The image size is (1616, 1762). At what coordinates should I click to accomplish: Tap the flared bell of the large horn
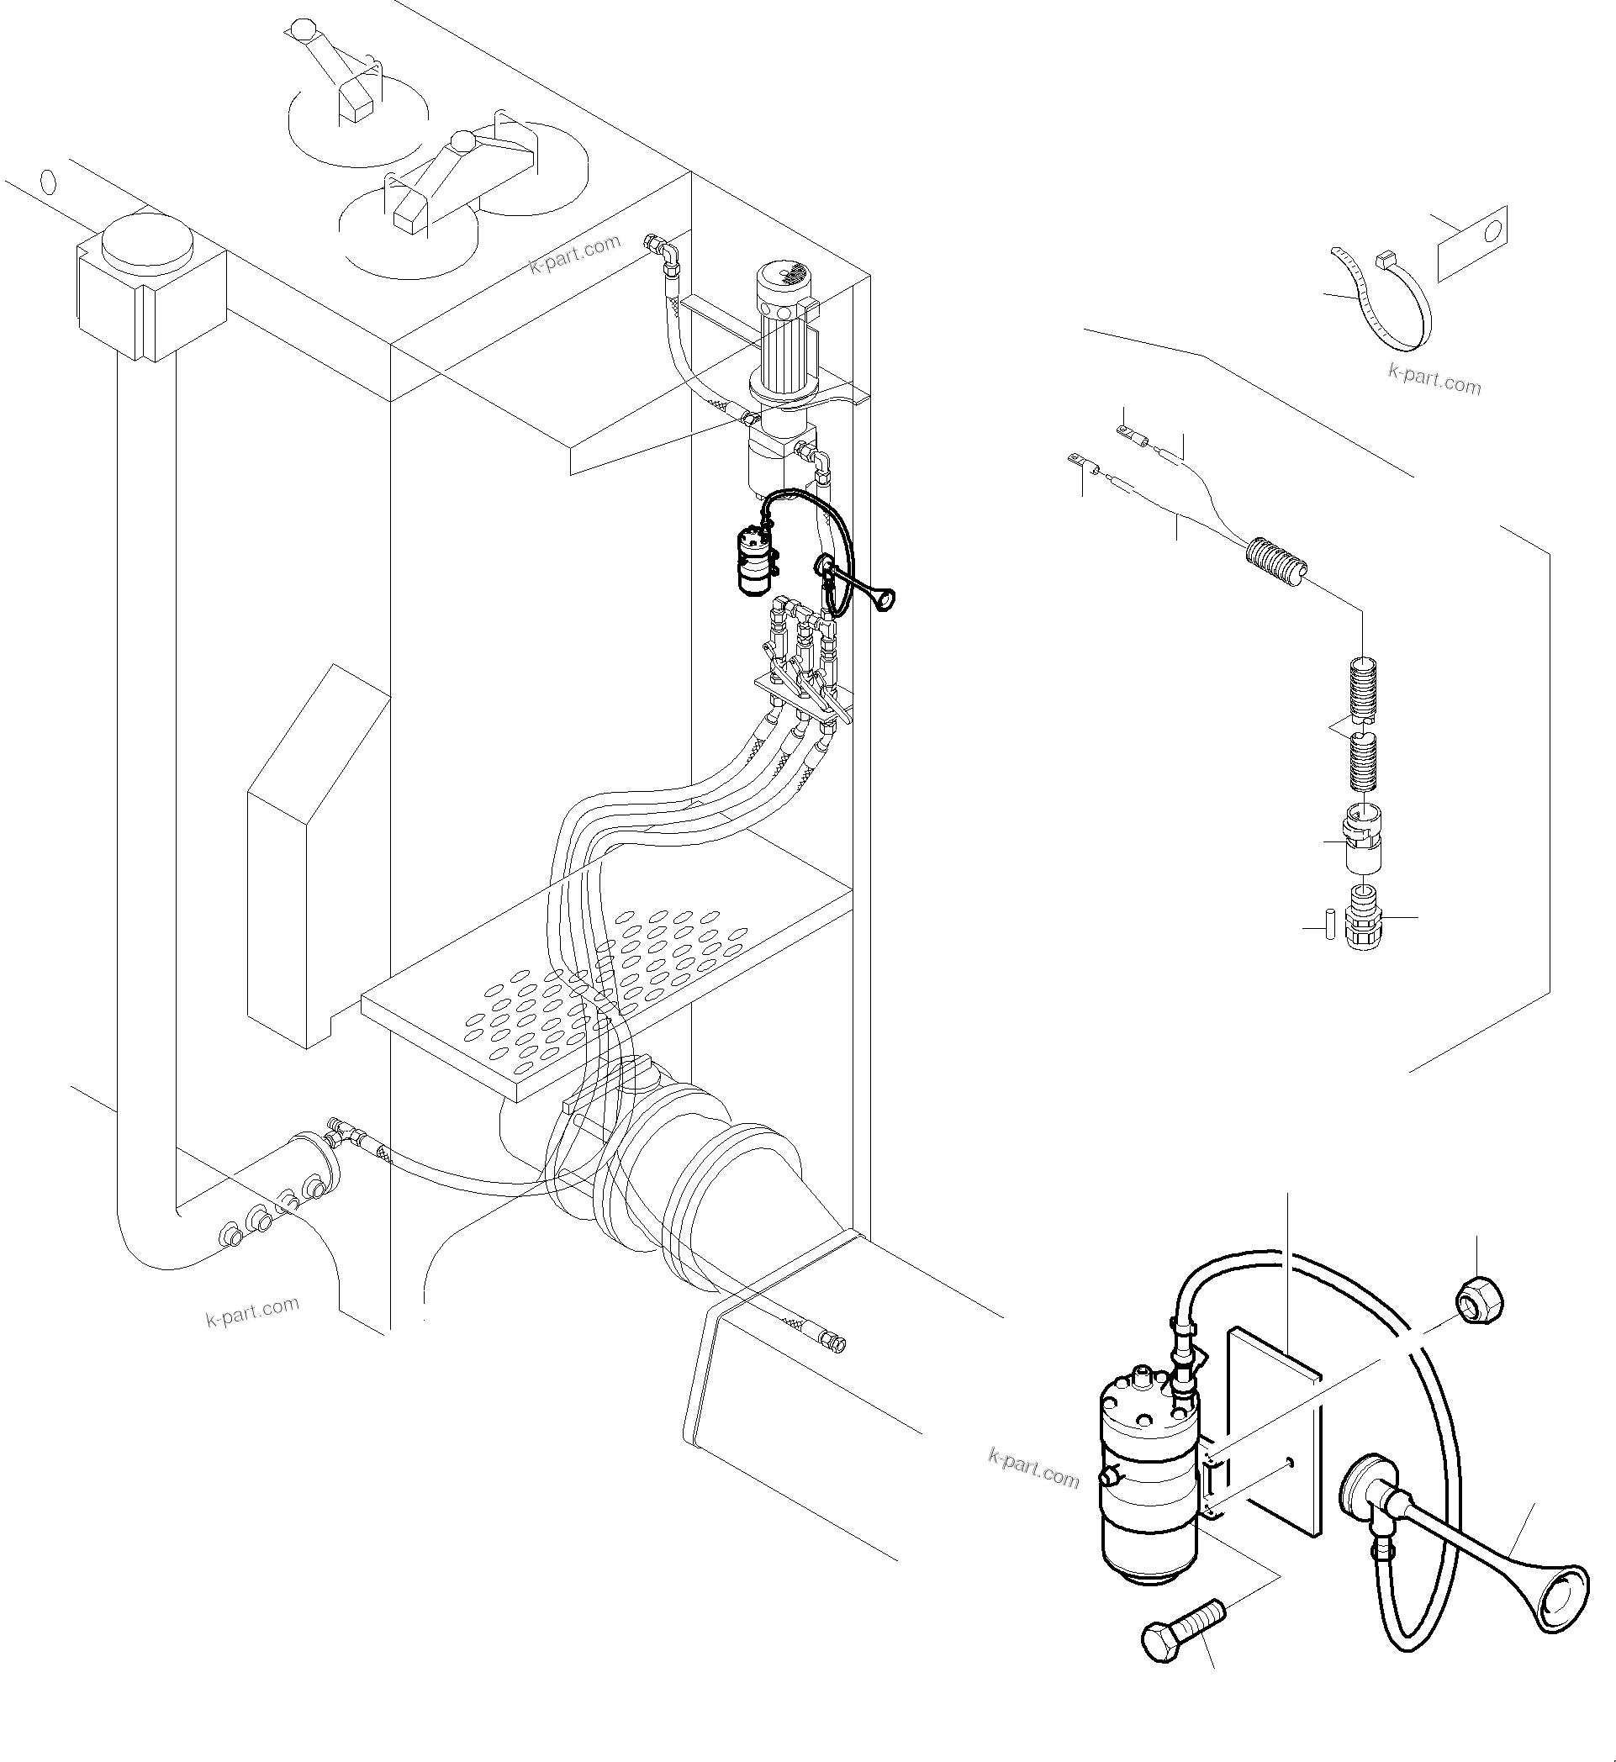click(x=1560, y=1601)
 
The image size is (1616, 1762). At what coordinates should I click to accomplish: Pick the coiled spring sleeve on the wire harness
click(x=1275, y=562)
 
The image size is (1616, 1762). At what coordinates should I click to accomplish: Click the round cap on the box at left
click(x=147, y=240)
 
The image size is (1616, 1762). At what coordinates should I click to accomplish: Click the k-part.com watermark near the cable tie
click(x=1435, y=380)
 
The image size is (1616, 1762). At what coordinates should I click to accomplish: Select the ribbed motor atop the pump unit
click(x=788, y=324)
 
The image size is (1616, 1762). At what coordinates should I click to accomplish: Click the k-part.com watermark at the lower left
click(x=253, y=1312)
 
